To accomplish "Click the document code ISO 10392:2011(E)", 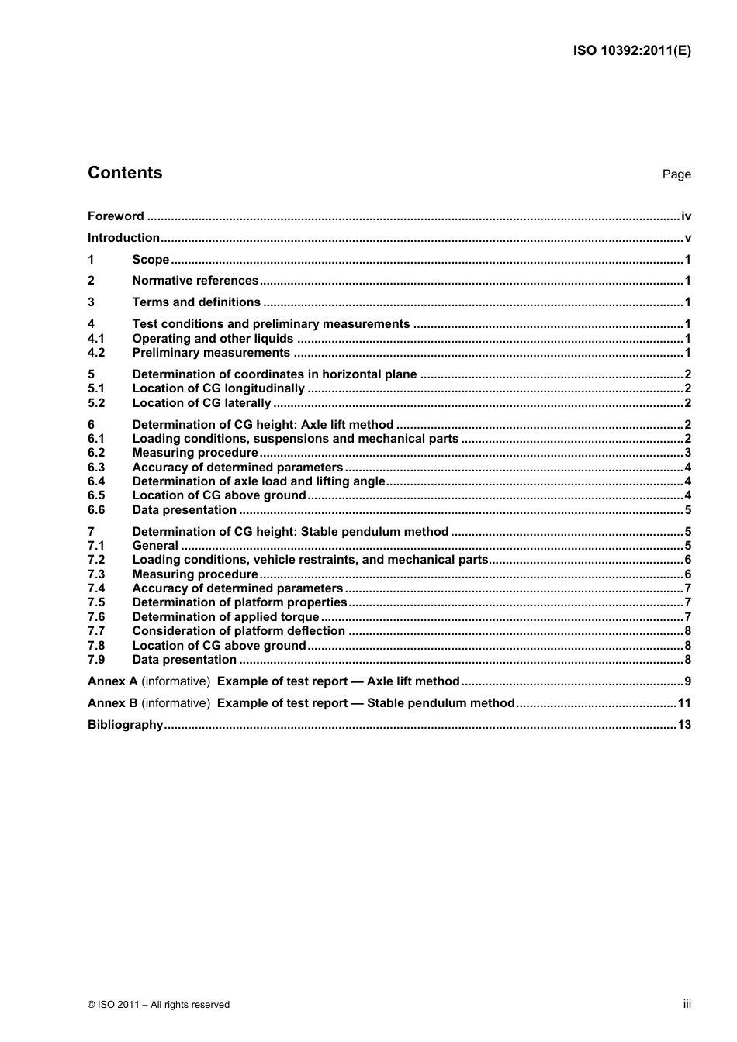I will tap(631, 51).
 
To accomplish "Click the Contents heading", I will tap(125, 173).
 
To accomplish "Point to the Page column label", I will tap(676, 174).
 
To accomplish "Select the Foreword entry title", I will tap(116, 216).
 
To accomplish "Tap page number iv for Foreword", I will tap(686, 216).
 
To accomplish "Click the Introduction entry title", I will tap(123, 238).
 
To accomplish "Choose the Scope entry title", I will tap(151, 260).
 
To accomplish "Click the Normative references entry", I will tap(195, 281).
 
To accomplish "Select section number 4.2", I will tap(96, 353).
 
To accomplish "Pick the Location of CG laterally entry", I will tap(201, 403).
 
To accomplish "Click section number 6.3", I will tap(96, 468).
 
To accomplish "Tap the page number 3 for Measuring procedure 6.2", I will tap(687, 453).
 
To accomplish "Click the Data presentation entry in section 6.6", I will tap(184, 510).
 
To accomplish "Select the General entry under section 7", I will tap(155, 546).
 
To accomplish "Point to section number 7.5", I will tap(96, 602).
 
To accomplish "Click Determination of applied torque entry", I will tap(225, 617).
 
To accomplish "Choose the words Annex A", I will tap(112, 681).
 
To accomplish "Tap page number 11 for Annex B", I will tap(683, 703).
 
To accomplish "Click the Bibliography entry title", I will tap(125, 725).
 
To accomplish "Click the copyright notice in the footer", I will tap(158, 1005).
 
